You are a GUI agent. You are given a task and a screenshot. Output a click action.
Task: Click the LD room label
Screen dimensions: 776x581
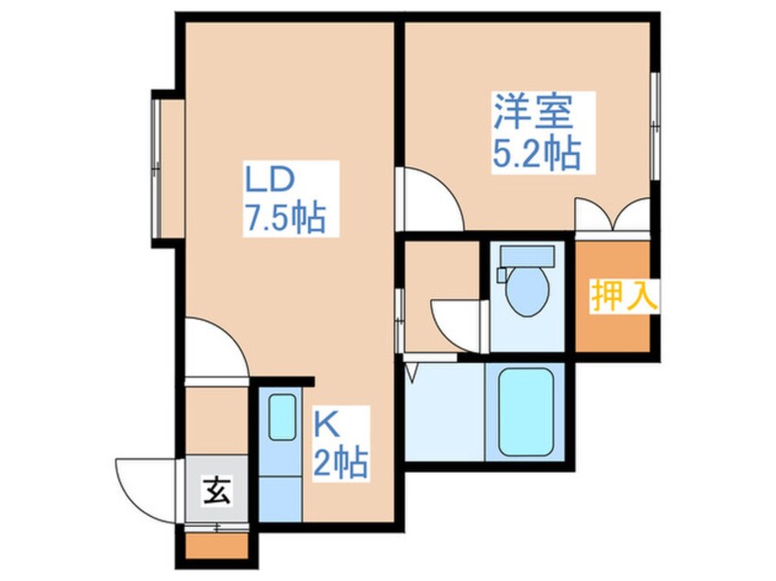coord(271,180)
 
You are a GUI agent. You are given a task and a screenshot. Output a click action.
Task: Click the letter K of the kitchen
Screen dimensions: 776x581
coord(327,425)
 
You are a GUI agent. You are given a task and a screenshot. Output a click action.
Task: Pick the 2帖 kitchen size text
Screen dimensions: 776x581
coord(341,463)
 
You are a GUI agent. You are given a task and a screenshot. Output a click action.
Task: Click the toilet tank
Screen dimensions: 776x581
coord(527,256)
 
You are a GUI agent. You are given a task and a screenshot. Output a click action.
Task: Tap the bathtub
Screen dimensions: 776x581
coord(525,411)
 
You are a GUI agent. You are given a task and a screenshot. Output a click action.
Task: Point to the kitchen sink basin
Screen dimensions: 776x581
coord(283,416)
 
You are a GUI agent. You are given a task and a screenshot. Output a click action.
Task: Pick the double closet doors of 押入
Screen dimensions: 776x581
coord(613,215)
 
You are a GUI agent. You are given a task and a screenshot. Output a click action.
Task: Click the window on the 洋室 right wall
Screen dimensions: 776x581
coord(655,126)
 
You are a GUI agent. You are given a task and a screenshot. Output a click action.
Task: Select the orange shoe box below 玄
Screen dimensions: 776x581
coord(216,545)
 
